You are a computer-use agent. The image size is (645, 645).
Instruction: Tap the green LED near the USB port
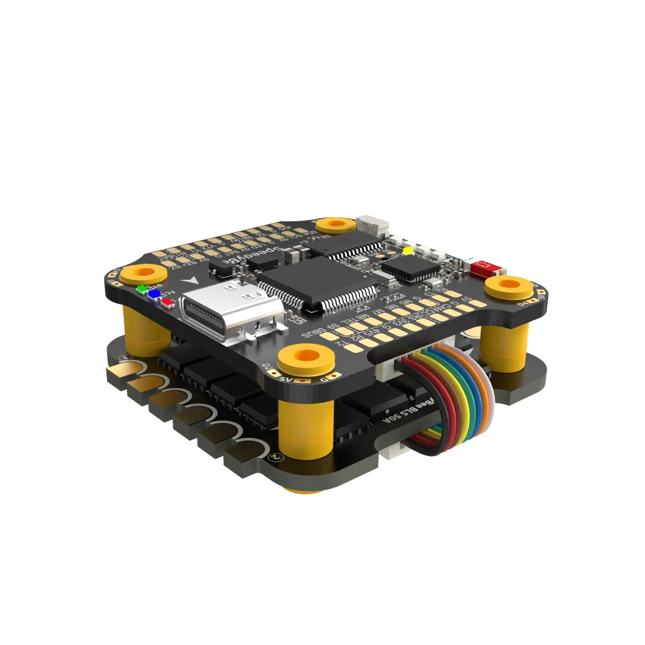coord(142,288)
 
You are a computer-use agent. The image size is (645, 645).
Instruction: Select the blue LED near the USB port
coord(154,294)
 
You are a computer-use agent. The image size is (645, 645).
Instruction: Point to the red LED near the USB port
coord(167,301)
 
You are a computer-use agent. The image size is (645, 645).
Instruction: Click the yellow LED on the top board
coord(407,250)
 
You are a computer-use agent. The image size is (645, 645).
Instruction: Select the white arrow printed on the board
coord(191,281)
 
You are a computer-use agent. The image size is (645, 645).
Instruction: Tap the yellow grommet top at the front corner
coord(307,356)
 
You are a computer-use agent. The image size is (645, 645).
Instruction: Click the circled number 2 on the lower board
coord(276,456)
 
